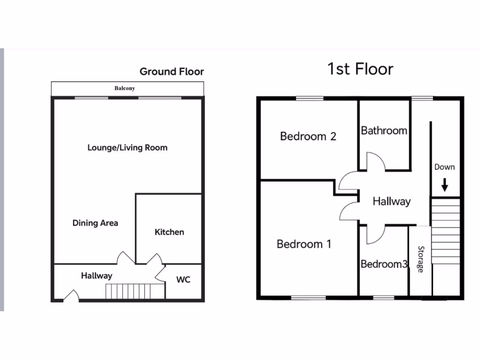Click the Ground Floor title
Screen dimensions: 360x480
[x=172, y=72]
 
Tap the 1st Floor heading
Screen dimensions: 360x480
[x=360, y=69]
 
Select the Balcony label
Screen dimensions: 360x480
[x=125, y=88]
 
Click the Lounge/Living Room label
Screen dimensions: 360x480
[x=127, y=148]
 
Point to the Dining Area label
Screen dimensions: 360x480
[x=95, y=223]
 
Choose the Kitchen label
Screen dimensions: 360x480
[x=169, y=232]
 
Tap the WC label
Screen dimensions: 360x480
[x=183, y=280]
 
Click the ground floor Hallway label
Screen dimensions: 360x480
[x=97, y=276]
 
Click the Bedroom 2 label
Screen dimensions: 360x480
[x=308, y=136]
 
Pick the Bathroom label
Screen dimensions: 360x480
[x=384, y=131]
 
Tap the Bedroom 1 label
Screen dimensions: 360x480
[x=304, y=244]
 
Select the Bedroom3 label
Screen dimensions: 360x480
[x=384, y=264]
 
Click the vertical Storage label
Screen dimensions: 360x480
[x=420, y=259]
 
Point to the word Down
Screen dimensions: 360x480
[x=444, y=167]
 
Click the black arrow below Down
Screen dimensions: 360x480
[x=444, y=186]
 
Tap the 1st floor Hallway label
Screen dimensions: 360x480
[x=391, y=202]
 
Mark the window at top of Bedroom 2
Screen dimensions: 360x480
[x=310, y=98]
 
